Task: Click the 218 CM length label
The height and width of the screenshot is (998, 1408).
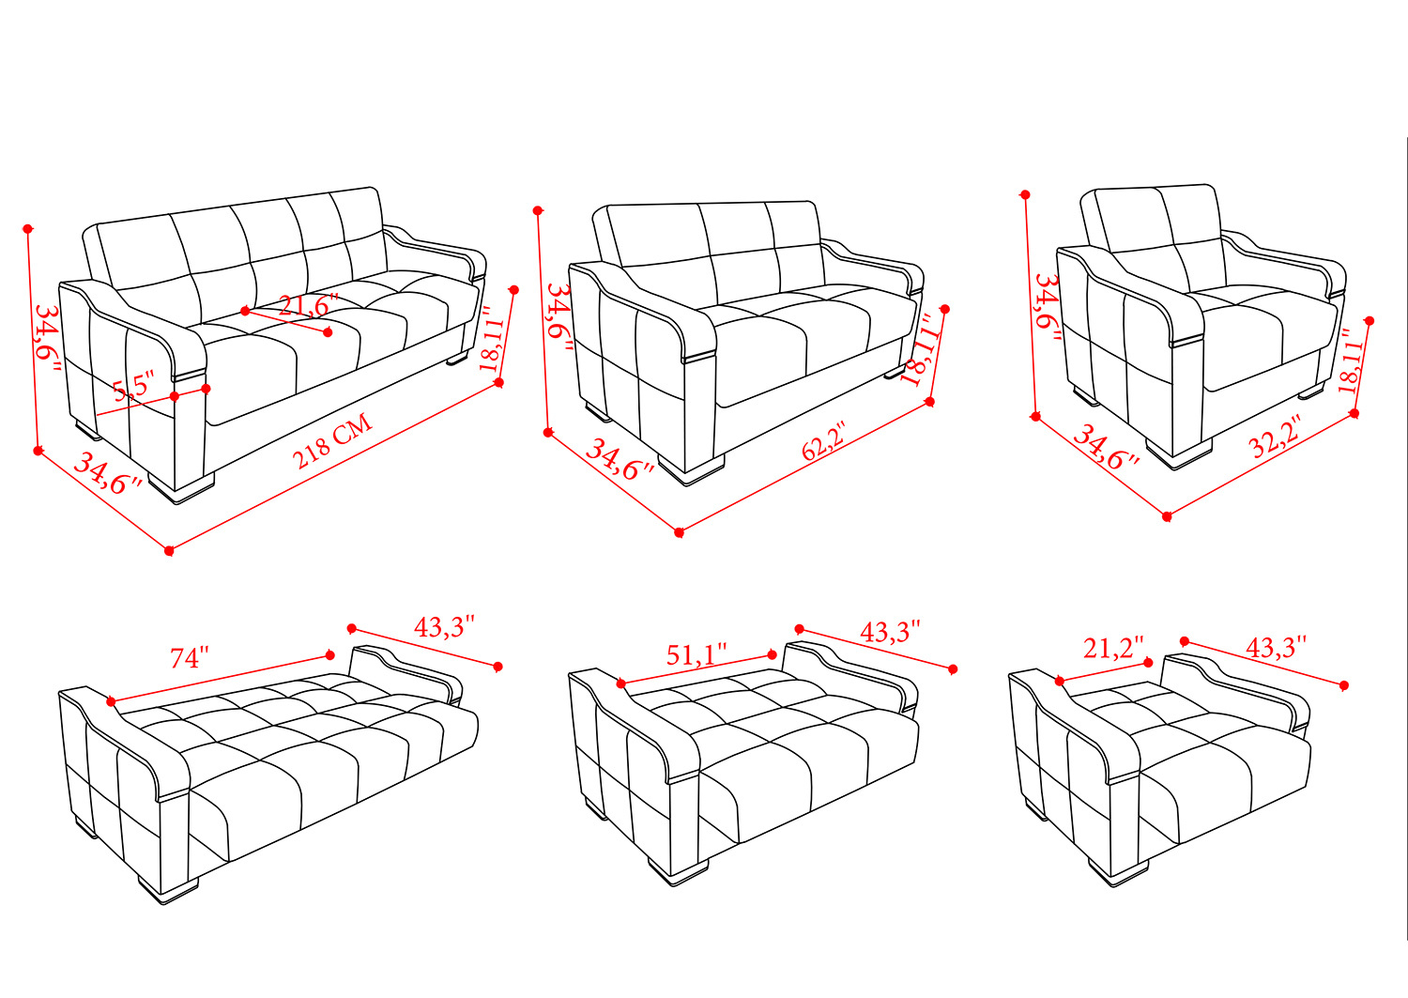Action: tap(332, 441)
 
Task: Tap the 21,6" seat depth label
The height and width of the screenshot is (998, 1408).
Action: tap(308, 305)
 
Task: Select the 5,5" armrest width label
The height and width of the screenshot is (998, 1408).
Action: tap(133, 385)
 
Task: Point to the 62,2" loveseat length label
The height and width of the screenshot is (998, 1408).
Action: tap(824, 441)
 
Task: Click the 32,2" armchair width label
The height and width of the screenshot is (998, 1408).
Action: tap(1274, 438)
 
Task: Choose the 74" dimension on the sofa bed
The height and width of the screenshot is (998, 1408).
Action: tap(190, 658)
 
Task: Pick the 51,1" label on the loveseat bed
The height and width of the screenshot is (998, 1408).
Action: tap(696, 654)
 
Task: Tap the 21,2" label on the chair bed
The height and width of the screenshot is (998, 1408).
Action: tap(1113, 648)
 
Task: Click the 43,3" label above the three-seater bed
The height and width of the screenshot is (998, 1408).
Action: tap(444, 626)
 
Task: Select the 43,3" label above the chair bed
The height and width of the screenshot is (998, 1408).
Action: tap(1276, 647)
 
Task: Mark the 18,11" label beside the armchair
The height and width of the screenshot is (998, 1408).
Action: tap(1353, 361)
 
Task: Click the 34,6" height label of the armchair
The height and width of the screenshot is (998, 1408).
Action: tap(1048, 308)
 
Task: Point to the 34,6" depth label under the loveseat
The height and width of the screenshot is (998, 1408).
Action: tap(620, 461)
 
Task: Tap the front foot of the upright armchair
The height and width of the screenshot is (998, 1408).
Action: tap(1179, 453)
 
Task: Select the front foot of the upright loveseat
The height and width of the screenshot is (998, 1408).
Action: tap(691, 469)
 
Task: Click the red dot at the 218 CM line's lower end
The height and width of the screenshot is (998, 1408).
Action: tap(169, 551)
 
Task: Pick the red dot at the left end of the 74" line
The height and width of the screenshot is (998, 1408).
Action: tap(112, 701)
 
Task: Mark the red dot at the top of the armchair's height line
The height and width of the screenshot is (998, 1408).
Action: tap(1025, 195)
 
